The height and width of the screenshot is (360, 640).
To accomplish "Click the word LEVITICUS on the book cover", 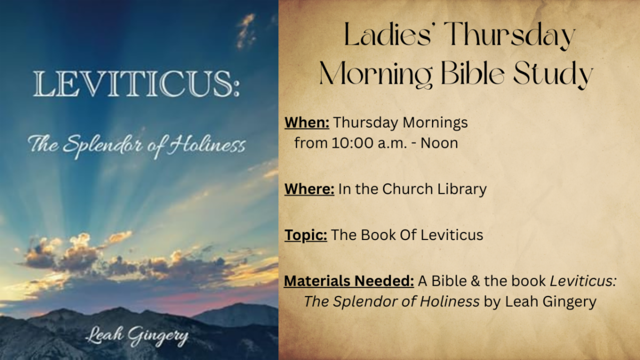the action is [137, 84].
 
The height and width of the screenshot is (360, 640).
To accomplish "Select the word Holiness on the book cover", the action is [206, 145].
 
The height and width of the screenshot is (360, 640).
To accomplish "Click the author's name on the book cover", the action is [137, 337].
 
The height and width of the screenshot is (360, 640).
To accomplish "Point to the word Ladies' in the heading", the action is [388, 35].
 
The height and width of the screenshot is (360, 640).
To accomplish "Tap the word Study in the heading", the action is [553, 74].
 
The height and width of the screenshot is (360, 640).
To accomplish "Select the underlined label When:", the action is [307, 123].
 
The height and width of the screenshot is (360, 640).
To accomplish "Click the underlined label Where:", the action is [309, 189].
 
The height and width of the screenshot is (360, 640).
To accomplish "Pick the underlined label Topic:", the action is [306, 236].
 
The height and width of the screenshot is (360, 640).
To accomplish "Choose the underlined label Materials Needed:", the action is [349, 281].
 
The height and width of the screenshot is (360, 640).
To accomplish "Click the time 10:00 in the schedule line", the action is [353, 143].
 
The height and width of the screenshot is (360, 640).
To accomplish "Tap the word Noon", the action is [439, 143].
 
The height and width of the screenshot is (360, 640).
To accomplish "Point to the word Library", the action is [462, 190].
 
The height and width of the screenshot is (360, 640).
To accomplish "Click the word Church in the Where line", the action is [407, 189].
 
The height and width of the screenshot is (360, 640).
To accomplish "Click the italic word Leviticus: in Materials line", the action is [583, 281].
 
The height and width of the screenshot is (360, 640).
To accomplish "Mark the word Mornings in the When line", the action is [435, 123].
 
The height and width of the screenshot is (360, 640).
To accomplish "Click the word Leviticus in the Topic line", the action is [452, 235].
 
